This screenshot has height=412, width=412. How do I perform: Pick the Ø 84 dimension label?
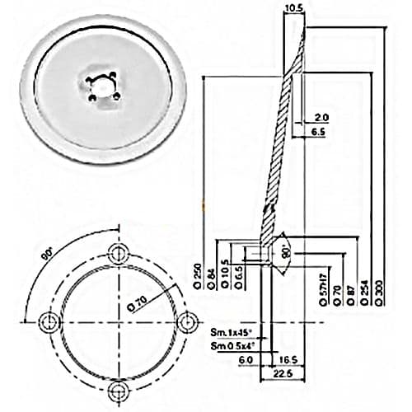213,279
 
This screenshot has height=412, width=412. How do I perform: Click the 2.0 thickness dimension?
321,117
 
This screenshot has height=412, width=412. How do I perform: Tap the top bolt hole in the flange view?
119,251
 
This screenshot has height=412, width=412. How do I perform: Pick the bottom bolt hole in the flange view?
119,388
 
